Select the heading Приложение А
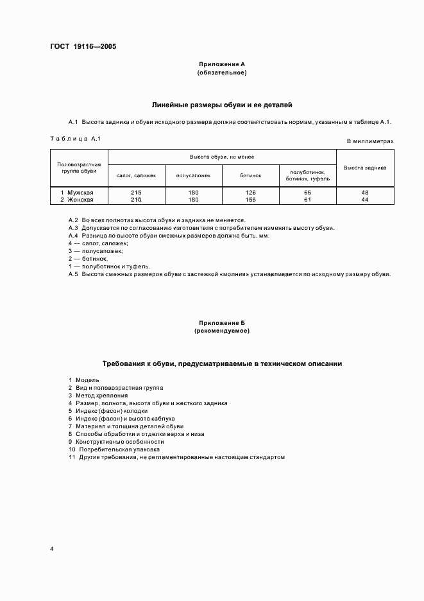[221, 65]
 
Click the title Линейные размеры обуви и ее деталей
[221, 104]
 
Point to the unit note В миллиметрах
[370, 141]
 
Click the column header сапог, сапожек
[136, 175]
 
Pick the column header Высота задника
[364, 168]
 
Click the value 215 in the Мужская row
[136, 193]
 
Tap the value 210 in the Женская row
[136, 200]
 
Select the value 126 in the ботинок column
[250, 193]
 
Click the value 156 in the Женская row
[250, 200]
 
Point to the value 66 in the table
[307, 193]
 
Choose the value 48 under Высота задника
[364, 193]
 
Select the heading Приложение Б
[221, 323]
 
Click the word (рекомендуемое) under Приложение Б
[221, 331]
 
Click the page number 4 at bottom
[52, 549]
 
